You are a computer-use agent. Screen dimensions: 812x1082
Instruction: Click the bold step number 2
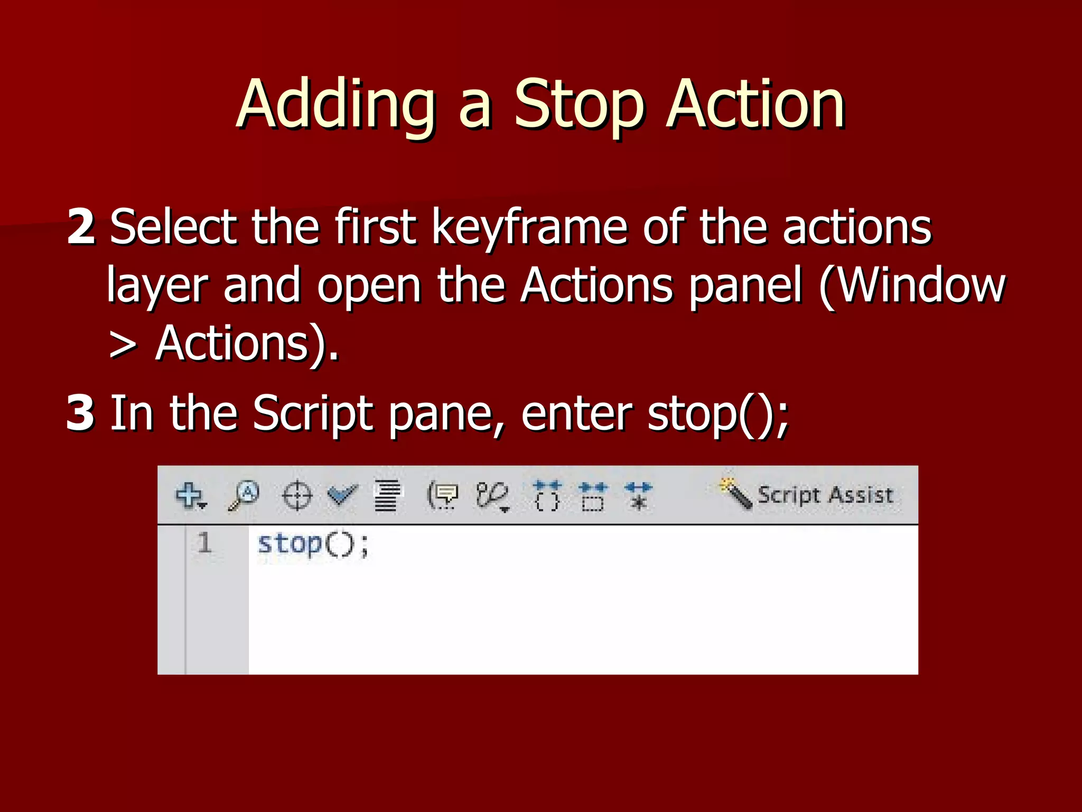(x=81, y=227)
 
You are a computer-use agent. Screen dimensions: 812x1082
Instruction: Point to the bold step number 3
(x=81, y=413)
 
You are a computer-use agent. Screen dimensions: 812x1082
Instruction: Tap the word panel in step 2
(x=745, y=286)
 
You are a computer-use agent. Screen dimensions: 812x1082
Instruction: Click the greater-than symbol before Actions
(x=123, y=345)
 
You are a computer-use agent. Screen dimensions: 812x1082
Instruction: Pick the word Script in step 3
(x=312, y=414)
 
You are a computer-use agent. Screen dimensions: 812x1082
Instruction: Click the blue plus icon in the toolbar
(x=190, y=495)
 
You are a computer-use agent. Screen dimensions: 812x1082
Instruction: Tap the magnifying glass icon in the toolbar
(x=244, y=495)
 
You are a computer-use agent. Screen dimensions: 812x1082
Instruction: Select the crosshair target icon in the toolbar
(x=297, y=496)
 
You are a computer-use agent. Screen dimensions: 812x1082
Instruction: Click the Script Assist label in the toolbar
(x=825, y=495)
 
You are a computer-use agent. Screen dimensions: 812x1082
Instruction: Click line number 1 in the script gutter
(x=204, y=543)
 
